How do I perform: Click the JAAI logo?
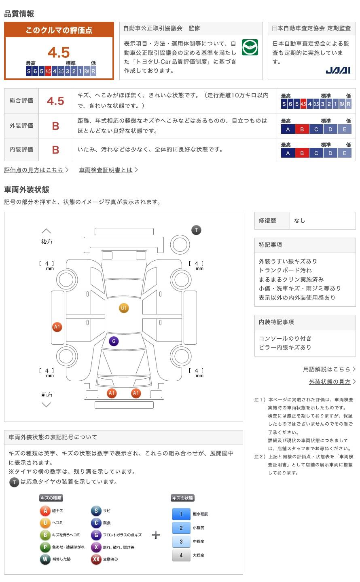coord(338,70)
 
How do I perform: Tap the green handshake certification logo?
coord(250,47)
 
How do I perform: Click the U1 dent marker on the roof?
coord(124,308)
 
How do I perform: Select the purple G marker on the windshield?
coord(114,341)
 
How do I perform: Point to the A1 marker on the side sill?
coord(57,327)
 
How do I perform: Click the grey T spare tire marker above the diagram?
coord(197,230)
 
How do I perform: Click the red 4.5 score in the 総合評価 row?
coord(55,101)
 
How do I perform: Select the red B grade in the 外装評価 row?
coord(56,126)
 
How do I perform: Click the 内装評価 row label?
coord(21,150)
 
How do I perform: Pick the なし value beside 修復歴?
coord(299,221)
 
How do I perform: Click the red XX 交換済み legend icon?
coord(96,559)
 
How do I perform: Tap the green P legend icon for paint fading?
coord(45,547)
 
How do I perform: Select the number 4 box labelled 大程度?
coord(181,555)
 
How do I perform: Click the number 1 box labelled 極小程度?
coord(181,514)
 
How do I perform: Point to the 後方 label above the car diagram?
coord(47,242)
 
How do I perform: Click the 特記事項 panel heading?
coord(270,245)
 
